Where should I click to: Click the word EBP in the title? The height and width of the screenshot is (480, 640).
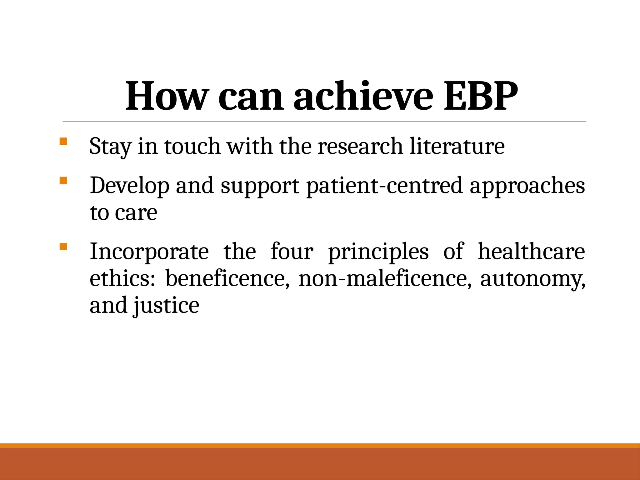(x=481, y=96)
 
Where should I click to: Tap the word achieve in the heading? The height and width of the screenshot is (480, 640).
(x=363, y=96)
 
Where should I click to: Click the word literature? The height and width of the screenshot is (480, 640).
(x=457, y=146)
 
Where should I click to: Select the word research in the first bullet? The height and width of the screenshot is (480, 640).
(x=360, y=146)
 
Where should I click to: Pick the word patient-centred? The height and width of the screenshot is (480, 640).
(x=384, y=186)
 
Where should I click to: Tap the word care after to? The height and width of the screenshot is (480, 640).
(x=136, y=213)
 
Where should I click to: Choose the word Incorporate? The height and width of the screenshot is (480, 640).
(x=149, y=252)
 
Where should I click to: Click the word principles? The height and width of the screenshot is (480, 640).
(x=378, y=252)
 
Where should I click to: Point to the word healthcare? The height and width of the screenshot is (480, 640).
(x=531, y=252)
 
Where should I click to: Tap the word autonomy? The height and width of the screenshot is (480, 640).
(x=532, y=278)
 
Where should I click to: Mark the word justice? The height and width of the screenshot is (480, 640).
(x=166, y=305)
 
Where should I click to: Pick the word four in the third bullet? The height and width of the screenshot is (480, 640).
(x=292, y=252)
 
